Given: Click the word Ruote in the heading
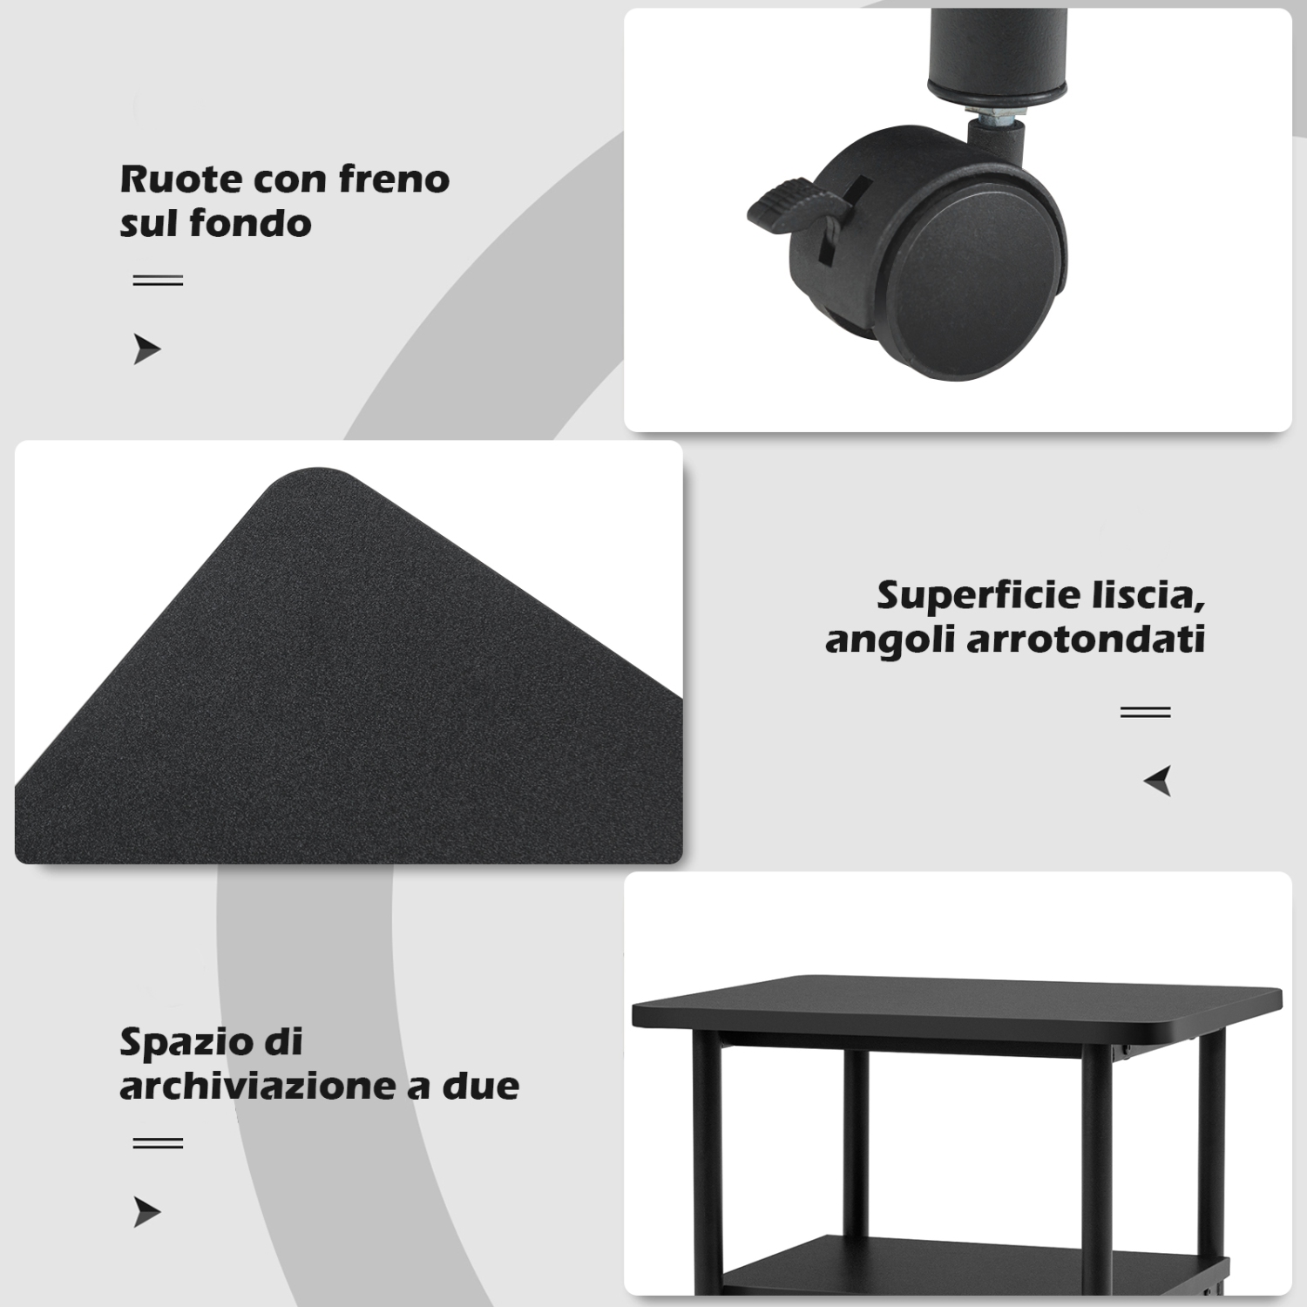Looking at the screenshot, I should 179,179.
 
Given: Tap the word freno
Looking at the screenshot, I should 394,179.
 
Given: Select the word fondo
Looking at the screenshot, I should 250,223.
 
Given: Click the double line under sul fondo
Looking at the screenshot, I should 158,281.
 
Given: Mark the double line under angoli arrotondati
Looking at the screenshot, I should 1145,712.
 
